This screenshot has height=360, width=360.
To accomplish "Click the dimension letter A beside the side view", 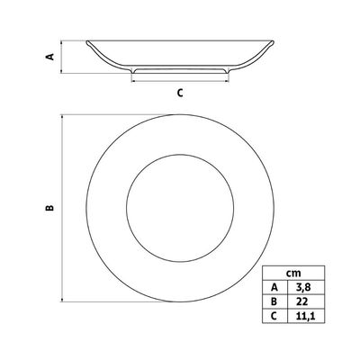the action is click(50, 57).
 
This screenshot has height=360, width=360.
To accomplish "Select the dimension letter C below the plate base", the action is click(180, 93).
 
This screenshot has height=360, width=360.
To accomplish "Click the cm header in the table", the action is click(293, 274).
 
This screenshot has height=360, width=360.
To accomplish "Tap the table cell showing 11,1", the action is click(305, 316).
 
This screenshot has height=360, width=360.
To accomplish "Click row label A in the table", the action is click(274, 287).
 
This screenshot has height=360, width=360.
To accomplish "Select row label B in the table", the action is click(274, 301).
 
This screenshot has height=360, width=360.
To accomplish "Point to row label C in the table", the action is click(274, 316).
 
